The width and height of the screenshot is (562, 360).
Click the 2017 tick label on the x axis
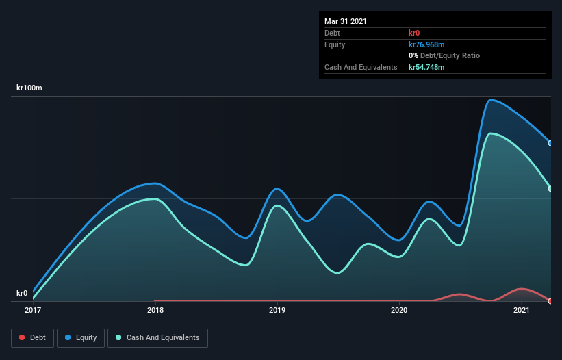click(x=33, y=311)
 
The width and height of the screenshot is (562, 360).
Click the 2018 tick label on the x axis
click(x=155, y=311)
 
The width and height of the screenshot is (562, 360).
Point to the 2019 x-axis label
click(x=277, y=311)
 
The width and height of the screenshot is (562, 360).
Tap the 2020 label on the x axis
click(x=399, y=311)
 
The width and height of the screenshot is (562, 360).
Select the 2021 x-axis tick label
click(x=522, y=311)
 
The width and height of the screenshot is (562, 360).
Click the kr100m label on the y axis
click(x=30, y=88)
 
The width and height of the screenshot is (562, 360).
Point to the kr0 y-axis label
click(x=22, y=294)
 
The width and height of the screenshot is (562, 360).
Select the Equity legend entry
click(x=81, y=337)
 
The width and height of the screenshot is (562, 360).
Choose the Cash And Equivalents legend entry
click(x=157, y=337)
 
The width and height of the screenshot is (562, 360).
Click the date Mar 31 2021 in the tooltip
click(x=346, y=21)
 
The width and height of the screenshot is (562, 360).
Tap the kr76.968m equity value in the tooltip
click(x=426, y=44)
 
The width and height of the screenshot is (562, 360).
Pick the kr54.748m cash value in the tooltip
click(x=426, y=67)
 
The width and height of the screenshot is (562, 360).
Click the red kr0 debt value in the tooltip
click(x=414, y=33)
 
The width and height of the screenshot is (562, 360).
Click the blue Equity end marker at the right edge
click(x=550, y=143)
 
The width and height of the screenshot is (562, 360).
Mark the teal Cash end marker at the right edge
click(x=550, y=188)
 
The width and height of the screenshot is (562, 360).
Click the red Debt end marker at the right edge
click(x=550, y=301)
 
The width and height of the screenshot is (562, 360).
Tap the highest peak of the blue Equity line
click(x=490, y=100)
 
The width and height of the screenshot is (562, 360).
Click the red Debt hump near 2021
click(x=522, y=289)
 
